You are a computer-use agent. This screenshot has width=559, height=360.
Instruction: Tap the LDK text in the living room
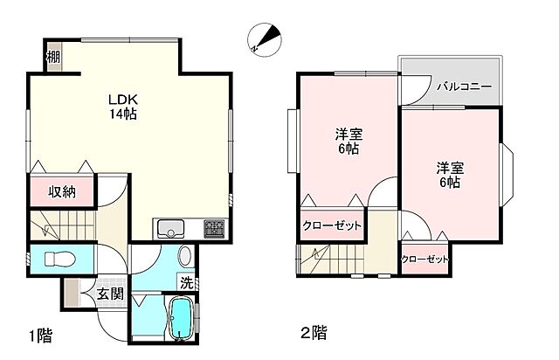(x=121, y=99)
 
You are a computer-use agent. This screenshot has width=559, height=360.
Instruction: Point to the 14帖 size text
(x=121, y=114)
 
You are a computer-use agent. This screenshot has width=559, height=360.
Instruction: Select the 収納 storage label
(x=60, y=192)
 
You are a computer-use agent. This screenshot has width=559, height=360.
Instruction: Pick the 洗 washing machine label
(x=187, y=282)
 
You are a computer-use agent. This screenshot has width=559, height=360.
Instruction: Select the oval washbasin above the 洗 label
(x=185, y=257)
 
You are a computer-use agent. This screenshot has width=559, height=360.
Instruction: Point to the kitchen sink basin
(x=169, y=230)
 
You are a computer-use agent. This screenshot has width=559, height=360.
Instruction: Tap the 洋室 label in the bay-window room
(x=450, y=166)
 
